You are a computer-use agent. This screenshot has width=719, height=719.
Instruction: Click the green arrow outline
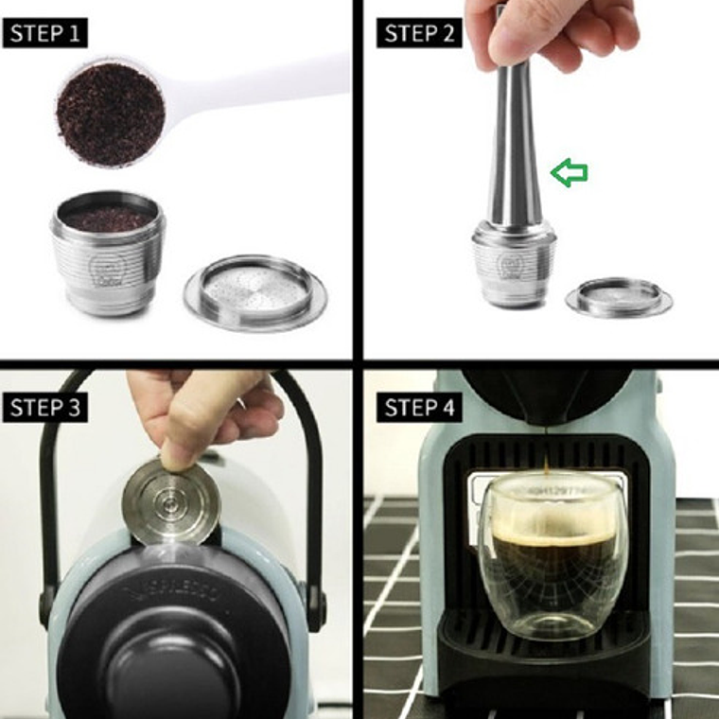click(x=570, y=172)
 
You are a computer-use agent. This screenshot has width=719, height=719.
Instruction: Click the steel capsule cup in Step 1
click(x=107, y=255)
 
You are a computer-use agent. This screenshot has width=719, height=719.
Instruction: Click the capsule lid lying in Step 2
click(x=619, y=296)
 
